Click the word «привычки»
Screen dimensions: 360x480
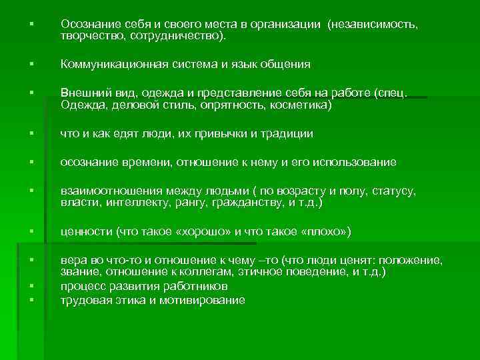(x=241, y=133)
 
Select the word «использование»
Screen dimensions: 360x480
(x=353, y=162)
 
